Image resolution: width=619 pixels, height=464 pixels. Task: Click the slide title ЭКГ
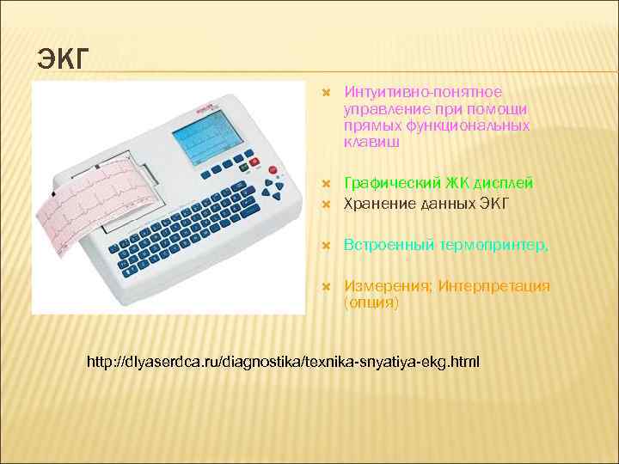pos(64,61)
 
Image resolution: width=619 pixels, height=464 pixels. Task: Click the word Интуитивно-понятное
pos(423,92)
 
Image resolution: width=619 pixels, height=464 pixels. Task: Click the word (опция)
pos(371,303)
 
